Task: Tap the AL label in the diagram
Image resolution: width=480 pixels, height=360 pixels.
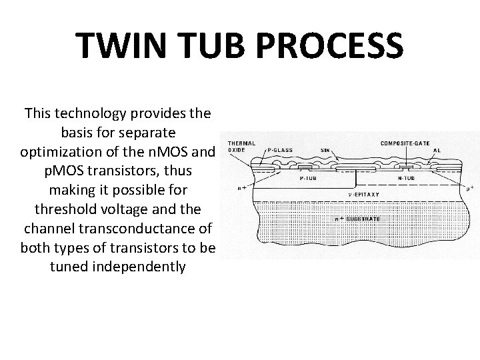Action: pyautogui.click(x=437, y=150)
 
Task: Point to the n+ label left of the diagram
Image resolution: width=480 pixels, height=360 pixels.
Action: pyautogui.click(x=243, y=188)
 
